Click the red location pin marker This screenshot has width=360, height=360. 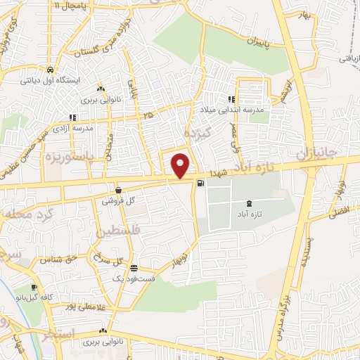pyautogui.click(x=181, y=165)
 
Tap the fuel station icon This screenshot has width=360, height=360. pyautogui.click(x=202, y=184)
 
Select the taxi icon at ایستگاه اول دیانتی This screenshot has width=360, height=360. pyautogui.click(x=50, y=70)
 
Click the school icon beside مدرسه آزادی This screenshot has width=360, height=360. pyautogui.click(x=72, y=117)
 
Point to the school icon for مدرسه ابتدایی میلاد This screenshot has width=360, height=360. pyautogui.click(x=231, y=100)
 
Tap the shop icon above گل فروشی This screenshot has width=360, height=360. pyautogui.click(x=118, y=190)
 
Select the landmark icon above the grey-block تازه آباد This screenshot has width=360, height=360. pyautogui.click(x=252, y=203)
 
